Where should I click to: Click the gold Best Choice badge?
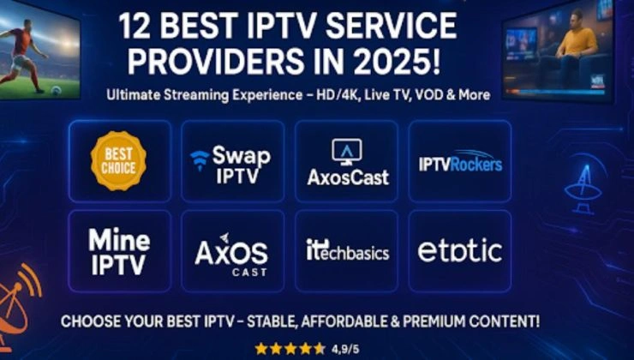[x=118, y=160]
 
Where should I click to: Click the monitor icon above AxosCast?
[x=347, y=152]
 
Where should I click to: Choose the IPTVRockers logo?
[x=460, y=162]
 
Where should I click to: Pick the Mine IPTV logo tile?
[x=119, y=251]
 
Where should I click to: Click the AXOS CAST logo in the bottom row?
[x=231, y=255]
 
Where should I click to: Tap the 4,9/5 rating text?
[x=345, y=349]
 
